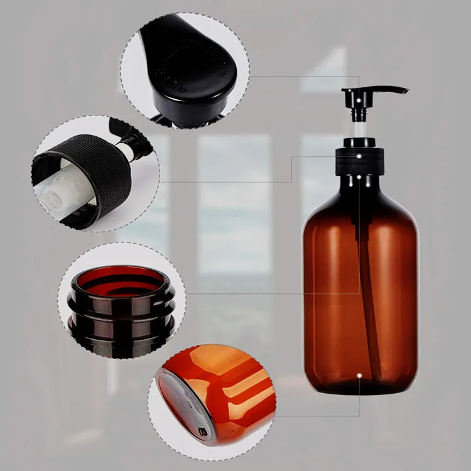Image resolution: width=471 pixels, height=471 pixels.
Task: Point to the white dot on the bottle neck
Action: pos(359,178)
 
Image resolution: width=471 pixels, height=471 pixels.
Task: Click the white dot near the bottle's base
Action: pos(359,376)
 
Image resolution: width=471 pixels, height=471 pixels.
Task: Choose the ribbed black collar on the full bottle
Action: pos(359,162)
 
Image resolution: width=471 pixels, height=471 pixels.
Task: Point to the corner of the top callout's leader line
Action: pos(359,77)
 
